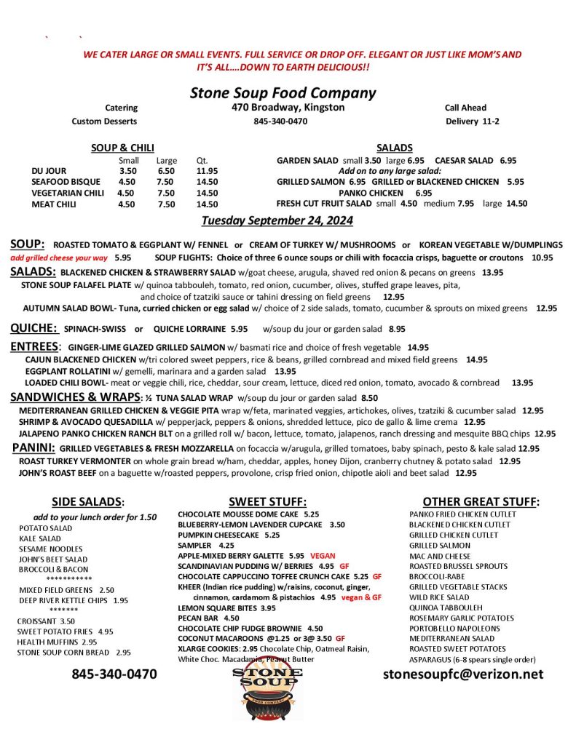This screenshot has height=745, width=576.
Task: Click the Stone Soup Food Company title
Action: [283, 93]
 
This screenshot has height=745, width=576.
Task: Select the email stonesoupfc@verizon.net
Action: [463, 674]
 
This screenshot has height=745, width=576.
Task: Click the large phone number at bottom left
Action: [114, 674]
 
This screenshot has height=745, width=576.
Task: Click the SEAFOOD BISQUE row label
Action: [63, 182]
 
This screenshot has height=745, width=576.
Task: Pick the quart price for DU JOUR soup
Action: [207, 171]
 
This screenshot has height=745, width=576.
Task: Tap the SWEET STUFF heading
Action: [267, 501]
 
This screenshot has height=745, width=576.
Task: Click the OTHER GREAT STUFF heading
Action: [481, 501]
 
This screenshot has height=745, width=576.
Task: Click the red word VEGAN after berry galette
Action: [323, 555]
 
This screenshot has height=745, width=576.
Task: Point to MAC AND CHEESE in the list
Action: [440, 556]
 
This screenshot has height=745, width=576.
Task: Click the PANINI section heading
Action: [34, 447]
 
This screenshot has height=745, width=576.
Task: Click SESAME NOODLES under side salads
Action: [51, 549]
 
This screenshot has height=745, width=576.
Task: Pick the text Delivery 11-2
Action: [473, 121]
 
